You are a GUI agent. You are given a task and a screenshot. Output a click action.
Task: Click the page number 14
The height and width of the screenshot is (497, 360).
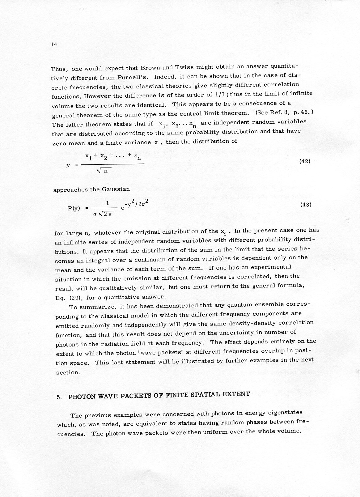pos(54,44)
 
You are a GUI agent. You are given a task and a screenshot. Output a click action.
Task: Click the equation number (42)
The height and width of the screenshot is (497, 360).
pos(305,161)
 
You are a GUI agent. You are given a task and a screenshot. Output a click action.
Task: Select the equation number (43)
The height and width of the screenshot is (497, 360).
pos(305,204)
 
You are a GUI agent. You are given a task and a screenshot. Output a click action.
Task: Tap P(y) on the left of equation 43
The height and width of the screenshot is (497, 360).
pos(74,208)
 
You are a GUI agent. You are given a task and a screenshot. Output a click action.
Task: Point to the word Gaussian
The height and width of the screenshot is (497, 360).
pos(116,189)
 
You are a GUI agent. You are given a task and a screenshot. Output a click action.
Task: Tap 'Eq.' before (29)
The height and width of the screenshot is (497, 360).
pos(59,298)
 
